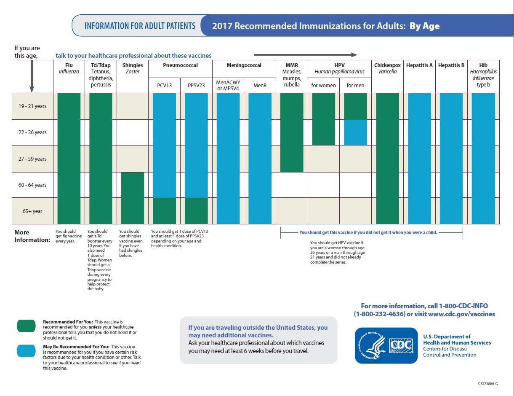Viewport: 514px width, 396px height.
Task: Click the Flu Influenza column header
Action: pos(69,68)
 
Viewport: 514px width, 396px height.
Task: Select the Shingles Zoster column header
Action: pos(133,68)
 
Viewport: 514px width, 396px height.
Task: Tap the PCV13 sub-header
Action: pos(164,86)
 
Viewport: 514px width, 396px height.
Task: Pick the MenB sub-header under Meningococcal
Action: pos(260,86)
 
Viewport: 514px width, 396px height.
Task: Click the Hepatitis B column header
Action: pos(451,65)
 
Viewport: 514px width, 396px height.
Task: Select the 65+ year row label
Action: pos(32,211)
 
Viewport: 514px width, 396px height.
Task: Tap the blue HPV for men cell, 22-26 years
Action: pos(355,132)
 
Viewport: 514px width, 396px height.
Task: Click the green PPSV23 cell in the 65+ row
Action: pos(196,211)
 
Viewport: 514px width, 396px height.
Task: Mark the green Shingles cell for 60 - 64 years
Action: pos(133,185)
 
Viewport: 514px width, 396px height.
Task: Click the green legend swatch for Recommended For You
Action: pos(26,326)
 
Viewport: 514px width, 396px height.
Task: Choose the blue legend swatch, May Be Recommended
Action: pos(26,351)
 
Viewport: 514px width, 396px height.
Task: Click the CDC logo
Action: pos(386,345)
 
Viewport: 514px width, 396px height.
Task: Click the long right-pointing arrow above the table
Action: pos(306,54)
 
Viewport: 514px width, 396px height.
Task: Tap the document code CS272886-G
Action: pos(488,384)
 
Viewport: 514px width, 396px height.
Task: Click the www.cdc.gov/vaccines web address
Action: pos(461,314)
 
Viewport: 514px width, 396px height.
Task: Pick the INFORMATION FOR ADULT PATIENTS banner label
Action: pos(140,26)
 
